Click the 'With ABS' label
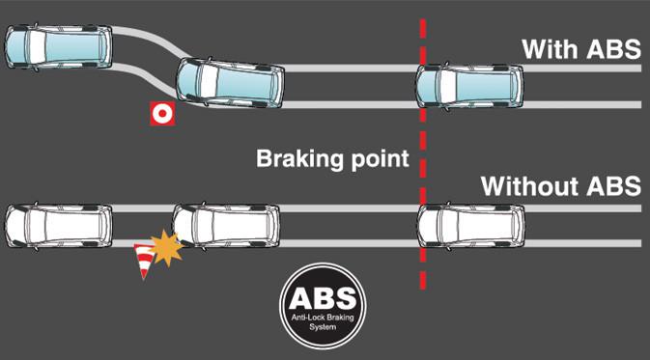tap(580, 48)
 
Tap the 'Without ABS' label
tap(561, 185)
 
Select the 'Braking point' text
tap(333, 158)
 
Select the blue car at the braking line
tap(468, 86)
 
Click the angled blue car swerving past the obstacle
tap(229, 87)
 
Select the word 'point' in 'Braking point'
tap(381, 158)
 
